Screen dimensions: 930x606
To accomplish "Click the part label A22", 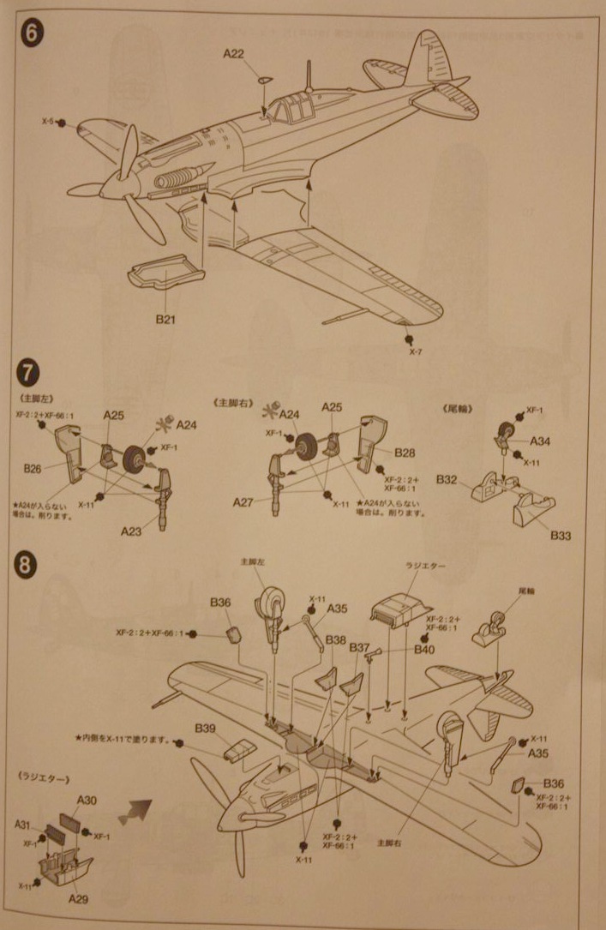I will pyautogui.click(x=234, y=54).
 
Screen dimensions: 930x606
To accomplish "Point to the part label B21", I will pyautogui.click(x=165, y=319).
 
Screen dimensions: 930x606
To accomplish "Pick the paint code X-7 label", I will pyautogui.click(x=416, y=352).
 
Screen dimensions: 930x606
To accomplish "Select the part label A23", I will pyautogui.click(x=133, y=530).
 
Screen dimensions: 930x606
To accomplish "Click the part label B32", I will pyautogui.click(x=446, y=480).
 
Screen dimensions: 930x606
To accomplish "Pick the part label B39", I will pyautogui.click(x=205, y=728).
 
